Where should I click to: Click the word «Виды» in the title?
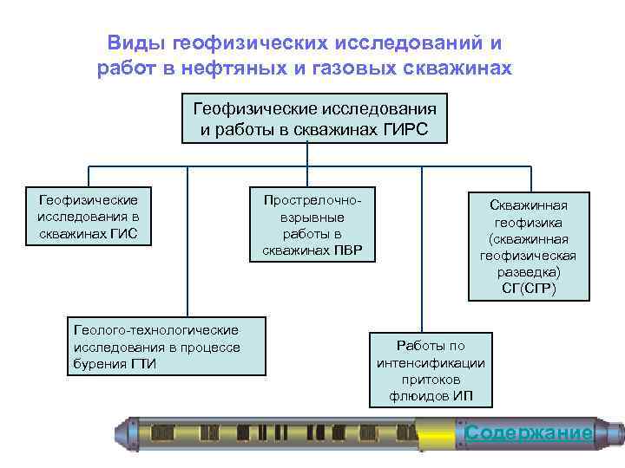tap(136, 42)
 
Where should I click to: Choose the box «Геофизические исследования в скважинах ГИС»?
tap(89, 216)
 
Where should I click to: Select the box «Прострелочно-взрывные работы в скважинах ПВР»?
tap(312, 224)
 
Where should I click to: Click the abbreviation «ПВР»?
tap(349, 251)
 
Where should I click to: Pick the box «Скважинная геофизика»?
tap(528, 246)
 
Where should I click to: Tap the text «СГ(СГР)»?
tap(529, 288)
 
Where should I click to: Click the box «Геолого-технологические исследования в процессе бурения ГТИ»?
tap(165, 346)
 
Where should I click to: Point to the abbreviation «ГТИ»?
tap(143, 363)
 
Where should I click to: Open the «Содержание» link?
tap(529, 432)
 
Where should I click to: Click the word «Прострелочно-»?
tap(312, 199)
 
